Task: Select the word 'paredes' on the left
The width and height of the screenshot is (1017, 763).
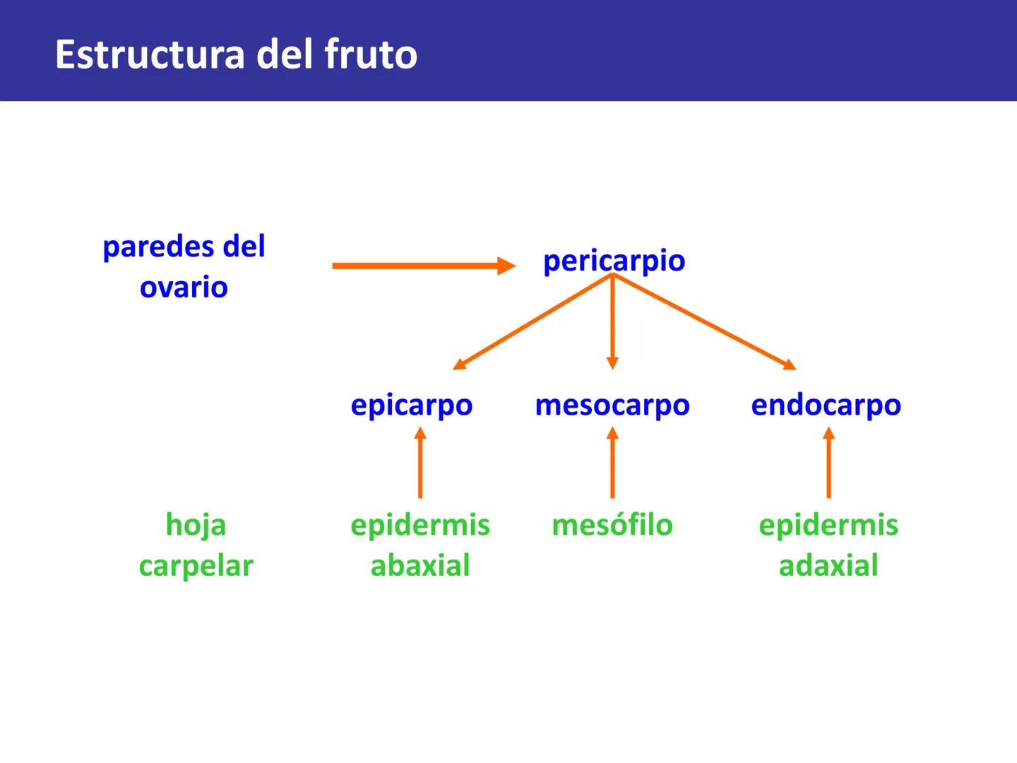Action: tap(157, 247)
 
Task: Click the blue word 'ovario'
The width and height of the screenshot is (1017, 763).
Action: tap(184, 288)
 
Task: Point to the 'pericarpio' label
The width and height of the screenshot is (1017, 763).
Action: tap(614, 261)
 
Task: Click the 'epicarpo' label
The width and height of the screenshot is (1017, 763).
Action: tap(412, 406)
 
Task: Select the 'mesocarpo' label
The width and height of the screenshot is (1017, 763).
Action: tap(612, 406)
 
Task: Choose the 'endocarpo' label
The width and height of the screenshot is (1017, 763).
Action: tap(826, 406)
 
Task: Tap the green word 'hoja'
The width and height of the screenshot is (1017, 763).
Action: tap(196, 525)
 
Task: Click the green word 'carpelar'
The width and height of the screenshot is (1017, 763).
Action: tap(196, 566)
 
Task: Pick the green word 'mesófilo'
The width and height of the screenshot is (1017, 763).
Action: tap(612, 525)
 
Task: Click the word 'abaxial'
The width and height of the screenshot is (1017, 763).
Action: tap(420, 566)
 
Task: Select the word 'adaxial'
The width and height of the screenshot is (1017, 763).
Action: tap(828, 566)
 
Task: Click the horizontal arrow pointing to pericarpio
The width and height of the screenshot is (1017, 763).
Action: tap(424, 266)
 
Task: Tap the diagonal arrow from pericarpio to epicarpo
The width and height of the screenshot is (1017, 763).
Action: tap(533, 321)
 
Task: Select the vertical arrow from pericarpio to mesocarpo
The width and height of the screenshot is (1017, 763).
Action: tap(612, 321)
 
